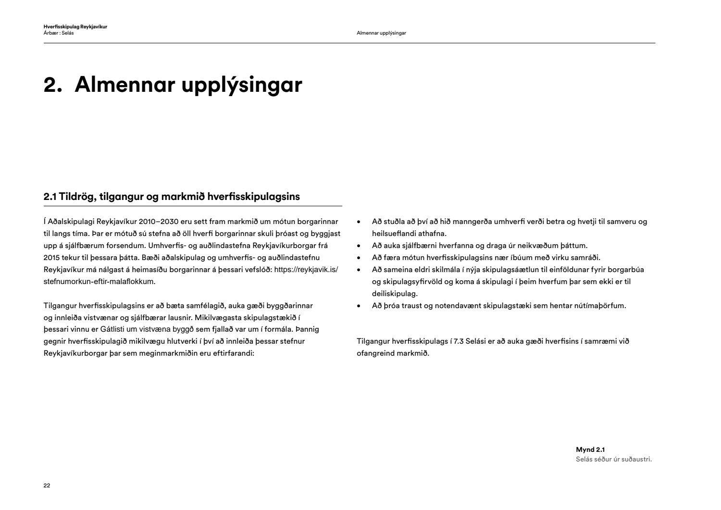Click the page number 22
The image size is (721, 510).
pos(47,485)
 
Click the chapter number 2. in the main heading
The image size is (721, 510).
pos(53,85)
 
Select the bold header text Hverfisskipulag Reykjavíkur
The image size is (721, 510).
pos(75,27)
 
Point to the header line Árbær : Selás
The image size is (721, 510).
pos(59,33)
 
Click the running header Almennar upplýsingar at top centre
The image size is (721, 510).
pos(381,33)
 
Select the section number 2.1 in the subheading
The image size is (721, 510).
pos(50,197)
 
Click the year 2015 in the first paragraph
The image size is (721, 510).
pos(51,258)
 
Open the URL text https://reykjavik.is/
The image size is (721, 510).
pos(306,270)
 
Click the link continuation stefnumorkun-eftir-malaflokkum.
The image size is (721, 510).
pos(99,282)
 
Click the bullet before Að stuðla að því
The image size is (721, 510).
pos(359,222)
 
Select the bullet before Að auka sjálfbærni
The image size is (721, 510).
pos(359,246)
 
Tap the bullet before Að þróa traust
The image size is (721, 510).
pos(359,306)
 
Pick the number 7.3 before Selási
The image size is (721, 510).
pos(459,341)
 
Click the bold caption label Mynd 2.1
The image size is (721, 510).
pos(590,450)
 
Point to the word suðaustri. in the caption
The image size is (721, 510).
pos(635,459)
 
